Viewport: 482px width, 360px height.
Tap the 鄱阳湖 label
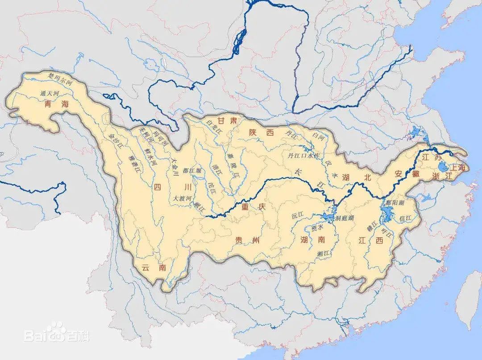click(x=395, y=202)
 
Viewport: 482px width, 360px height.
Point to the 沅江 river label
click(x=297, y=215)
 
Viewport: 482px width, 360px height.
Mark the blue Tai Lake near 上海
click(x=442, y=168)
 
